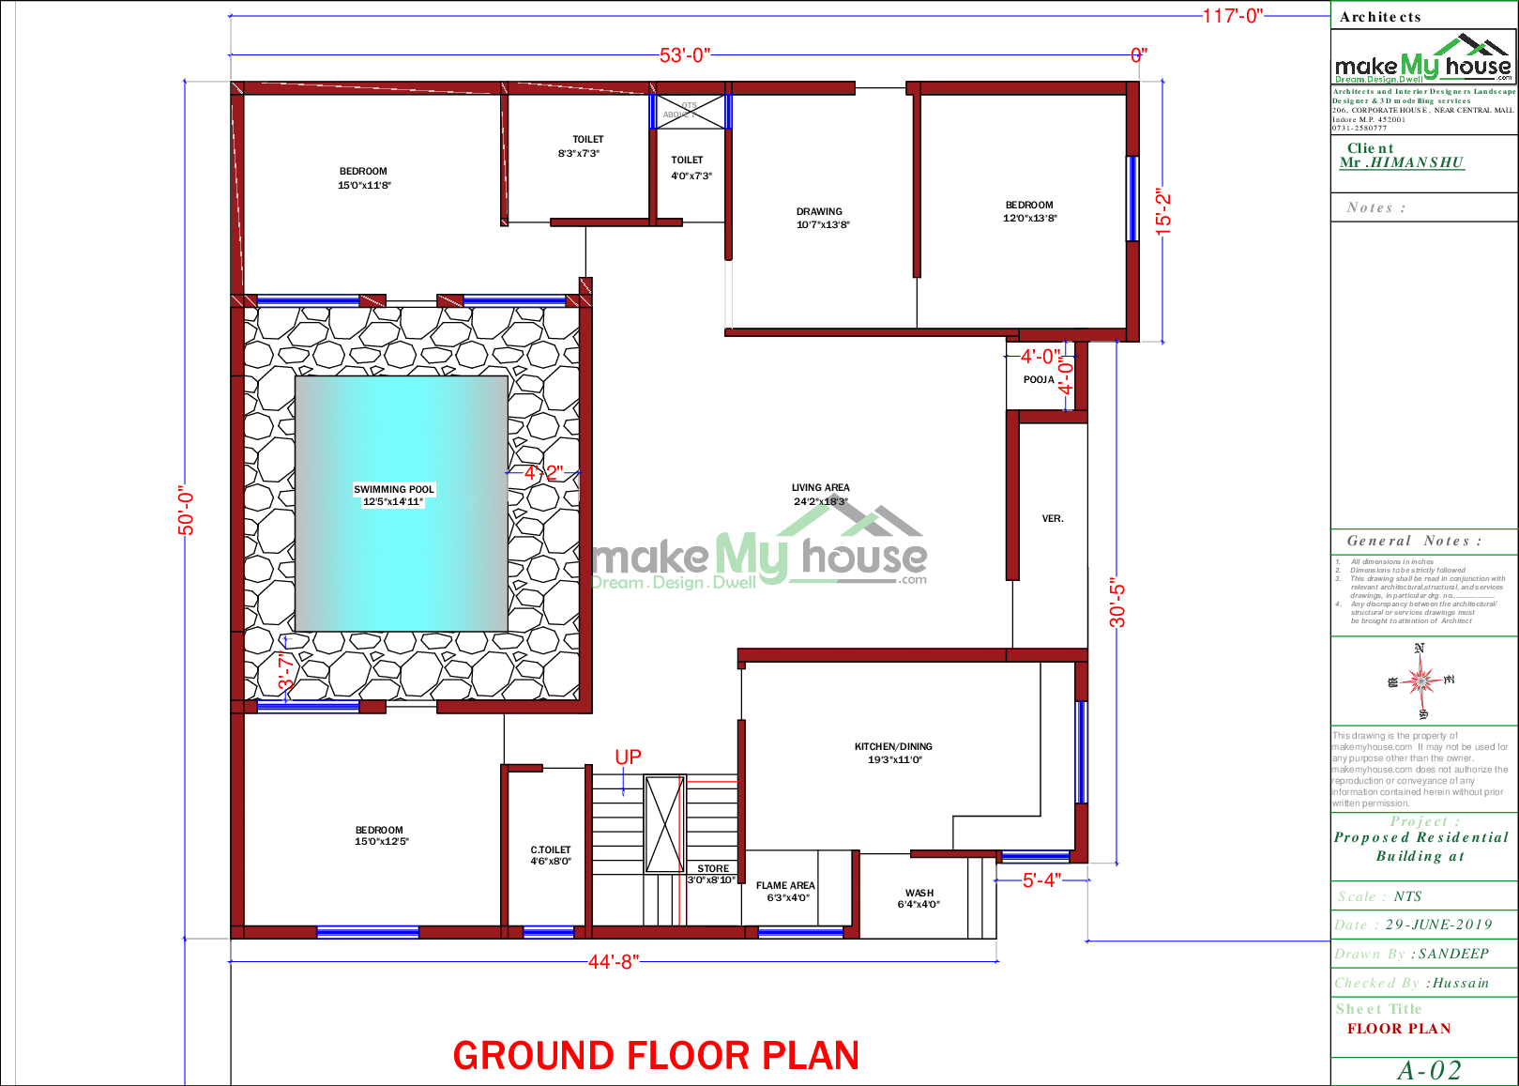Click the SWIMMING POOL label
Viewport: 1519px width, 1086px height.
[394, 489]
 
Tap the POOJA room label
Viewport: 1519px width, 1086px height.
[1039, 380]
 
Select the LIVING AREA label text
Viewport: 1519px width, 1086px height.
[820, 488]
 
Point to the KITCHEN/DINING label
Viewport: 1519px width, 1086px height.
[893, 747]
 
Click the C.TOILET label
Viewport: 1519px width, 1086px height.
[551, 849]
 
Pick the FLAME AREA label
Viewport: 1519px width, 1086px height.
[785, 885]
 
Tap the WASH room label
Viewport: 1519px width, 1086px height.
[919, 893]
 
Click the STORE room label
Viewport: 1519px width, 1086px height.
[713, 868]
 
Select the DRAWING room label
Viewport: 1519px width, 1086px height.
[819, 212]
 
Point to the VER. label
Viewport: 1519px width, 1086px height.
[1053, 518]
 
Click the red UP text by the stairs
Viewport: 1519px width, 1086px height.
[628, 757]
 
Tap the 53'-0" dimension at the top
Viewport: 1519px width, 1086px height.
[685, 55]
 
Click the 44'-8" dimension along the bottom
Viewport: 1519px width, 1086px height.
[614, 962]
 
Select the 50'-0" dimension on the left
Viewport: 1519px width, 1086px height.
[187, 513]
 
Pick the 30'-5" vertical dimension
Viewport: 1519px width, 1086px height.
[1116, 603]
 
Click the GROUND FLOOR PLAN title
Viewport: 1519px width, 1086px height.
[656, 1056]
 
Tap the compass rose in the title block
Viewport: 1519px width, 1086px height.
[1421, 680]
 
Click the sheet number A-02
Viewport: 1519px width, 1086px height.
[1429, 1071]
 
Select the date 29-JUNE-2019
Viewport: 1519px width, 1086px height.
[1438, 925]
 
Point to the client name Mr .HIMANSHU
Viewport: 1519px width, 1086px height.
[1402, 162]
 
